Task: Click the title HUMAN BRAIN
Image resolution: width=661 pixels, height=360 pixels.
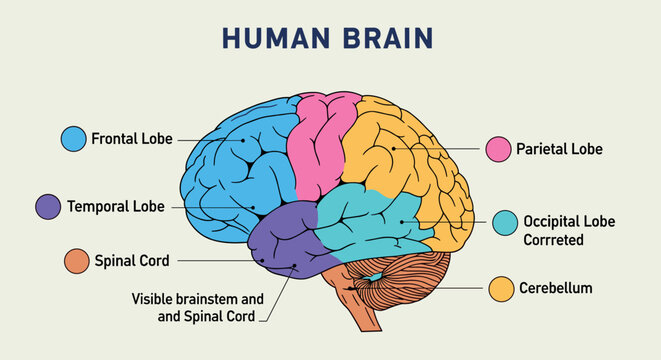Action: [327, 37]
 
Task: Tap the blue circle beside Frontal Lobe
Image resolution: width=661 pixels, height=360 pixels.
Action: [73, 138]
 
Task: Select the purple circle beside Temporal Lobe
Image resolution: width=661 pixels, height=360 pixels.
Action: [48, 207]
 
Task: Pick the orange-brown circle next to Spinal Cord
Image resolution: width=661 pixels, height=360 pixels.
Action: [76, 261]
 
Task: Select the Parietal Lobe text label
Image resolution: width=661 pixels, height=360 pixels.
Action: [559, 150]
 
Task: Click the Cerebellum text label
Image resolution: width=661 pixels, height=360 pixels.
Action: [555, 288]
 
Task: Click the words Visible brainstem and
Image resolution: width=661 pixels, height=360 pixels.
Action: [197, 298]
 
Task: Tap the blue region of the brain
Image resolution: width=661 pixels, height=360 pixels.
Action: [230, 170]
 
